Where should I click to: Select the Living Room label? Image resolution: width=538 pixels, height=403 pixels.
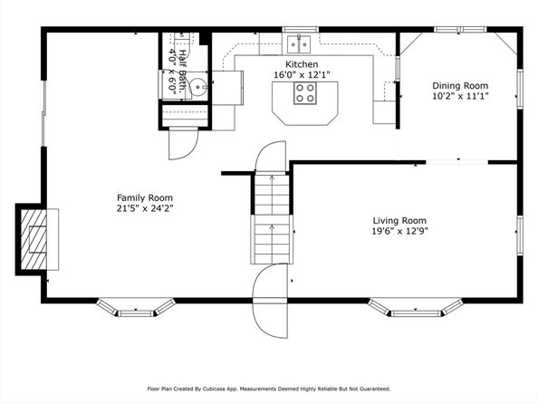(x=399, y=220)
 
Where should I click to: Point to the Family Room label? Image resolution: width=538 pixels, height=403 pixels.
(x=145, y=197)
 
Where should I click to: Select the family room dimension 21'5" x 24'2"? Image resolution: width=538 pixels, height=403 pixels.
(x=145, y=208)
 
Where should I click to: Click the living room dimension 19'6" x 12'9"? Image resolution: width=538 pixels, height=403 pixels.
(x=399, y=231)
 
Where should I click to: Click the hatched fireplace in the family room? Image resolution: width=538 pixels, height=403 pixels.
(x=35, y=238)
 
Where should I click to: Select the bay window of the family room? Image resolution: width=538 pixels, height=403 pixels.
(x=136, y=309)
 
